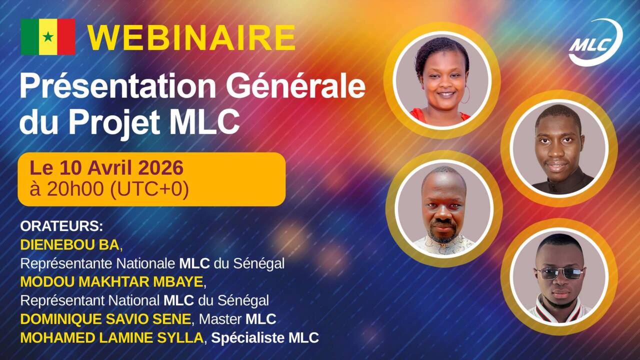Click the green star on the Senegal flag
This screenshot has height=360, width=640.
coord(48,36)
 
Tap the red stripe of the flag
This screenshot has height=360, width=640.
coord(66,36)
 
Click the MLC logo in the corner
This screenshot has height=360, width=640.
coord(595,43)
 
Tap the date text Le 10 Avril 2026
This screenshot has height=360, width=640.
coord(106,168)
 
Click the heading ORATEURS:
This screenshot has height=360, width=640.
coord(61,226)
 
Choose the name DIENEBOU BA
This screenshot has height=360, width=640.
coord(70,244)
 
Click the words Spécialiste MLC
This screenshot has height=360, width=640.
coord(265,338)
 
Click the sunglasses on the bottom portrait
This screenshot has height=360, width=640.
coord(559,273)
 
